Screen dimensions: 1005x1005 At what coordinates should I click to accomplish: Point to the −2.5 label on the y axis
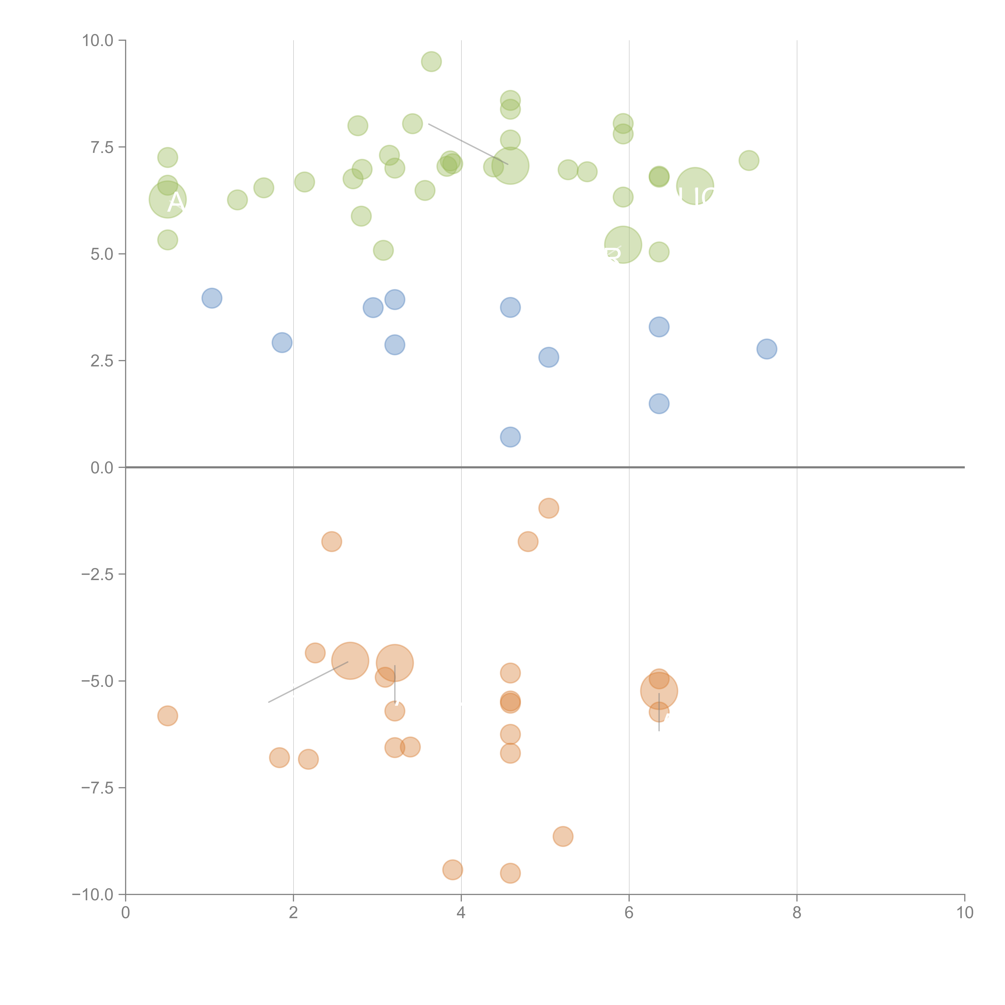coord(97,574)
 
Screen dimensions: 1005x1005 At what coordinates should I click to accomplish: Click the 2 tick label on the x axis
coord(293,913)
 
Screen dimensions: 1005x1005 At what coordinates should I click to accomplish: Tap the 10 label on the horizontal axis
coord(964,913)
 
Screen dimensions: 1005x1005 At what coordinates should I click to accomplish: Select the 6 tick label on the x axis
coord(629,913)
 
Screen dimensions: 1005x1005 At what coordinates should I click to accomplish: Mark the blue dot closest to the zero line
coord(510,437)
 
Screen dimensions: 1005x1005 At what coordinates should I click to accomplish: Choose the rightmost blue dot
coord(767,349)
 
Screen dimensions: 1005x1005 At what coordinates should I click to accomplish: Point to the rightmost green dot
coord(749,160)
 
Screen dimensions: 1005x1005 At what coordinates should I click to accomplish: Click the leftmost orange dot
coord(167,716)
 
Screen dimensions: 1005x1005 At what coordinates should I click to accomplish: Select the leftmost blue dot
coord(212,298)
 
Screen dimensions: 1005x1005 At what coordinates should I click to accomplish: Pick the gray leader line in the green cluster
coord(468,144)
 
